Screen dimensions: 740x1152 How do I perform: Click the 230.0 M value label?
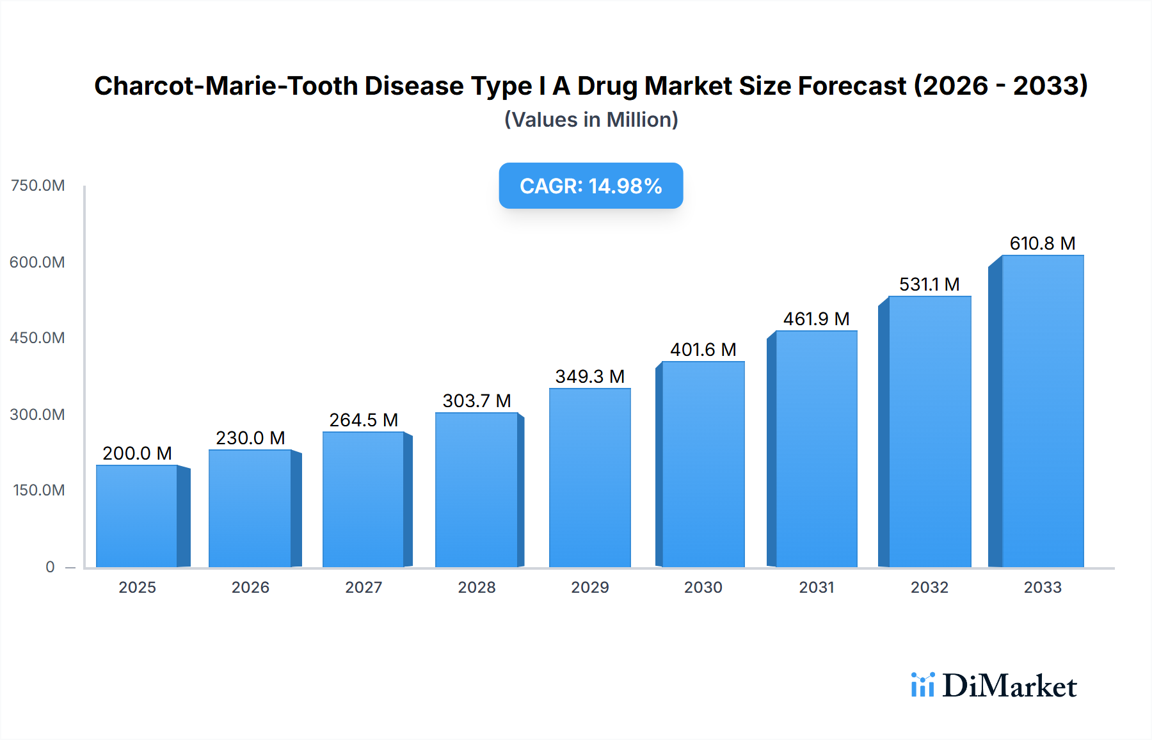(250, 438)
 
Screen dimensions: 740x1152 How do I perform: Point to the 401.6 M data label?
(703, 350)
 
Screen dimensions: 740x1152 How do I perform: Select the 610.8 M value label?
(1042, 243)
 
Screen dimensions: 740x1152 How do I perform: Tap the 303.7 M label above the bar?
(477, 401)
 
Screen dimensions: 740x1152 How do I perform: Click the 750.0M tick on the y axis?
(38, 186)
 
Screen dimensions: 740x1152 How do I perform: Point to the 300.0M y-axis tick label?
(38, 414)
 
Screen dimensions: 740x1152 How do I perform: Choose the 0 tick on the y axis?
(50, 567)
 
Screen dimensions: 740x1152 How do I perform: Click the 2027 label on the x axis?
(364, 587)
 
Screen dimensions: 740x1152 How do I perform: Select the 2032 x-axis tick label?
(929, 587)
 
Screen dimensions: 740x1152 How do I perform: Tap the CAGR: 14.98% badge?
(591, 186)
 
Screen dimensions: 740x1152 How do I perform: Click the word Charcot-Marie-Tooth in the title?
(227, 86)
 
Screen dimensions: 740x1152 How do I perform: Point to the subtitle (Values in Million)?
(591, 120)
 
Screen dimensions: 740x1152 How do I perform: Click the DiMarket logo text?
(1009, 686)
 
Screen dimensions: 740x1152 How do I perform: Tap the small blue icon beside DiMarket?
(922, 685)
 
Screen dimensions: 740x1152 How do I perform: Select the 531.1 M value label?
(929, 284)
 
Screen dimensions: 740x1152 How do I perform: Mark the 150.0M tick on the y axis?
(38, 490)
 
